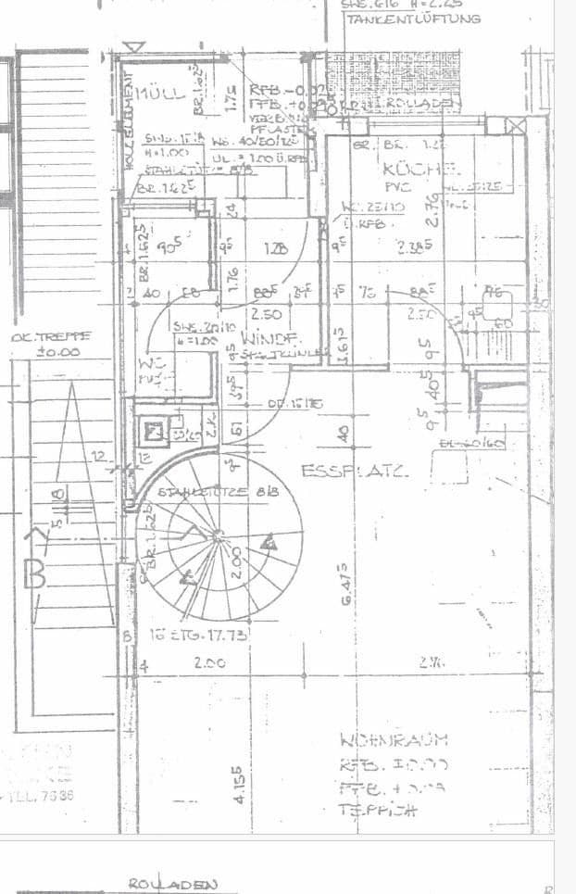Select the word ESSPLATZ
[357, 471]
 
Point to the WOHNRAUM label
[394, 739]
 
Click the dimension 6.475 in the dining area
[344, 583]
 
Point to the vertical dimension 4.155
[238, 785]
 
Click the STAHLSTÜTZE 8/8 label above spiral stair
[202, 493]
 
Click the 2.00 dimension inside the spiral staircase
[237, 561]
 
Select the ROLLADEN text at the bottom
[185, 884]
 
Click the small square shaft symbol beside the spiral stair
[155, 430]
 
